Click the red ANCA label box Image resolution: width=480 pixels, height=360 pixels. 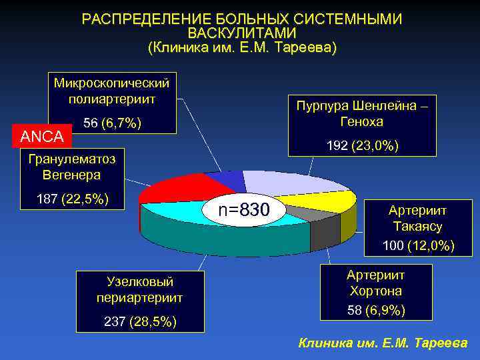click(42, 137)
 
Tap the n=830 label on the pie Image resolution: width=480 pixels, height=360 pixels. click(244, 211)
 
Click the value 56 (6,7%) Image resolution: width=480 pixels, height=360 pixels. click(112, 123)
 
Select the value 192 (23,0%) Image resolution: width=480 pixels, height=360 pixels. click(363, 145)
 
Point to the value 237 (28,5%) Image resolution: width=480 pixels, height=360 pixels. click(140, 322)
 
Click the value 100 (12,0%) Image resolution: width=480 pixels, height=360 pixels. click(418, 246)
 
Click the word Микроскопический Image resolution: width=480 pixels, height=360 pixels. click(112, 83)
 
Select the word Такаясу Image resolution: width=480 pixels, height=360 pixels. click(418, 227)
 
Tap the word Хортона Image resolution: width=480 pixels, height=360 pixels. click(375, 291)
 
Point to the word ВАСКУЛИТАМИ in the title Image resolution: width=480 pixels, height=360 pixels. click(241, 33)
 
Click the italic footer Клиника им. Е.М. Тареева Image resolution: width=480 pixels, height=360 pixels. click(383, 343)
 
